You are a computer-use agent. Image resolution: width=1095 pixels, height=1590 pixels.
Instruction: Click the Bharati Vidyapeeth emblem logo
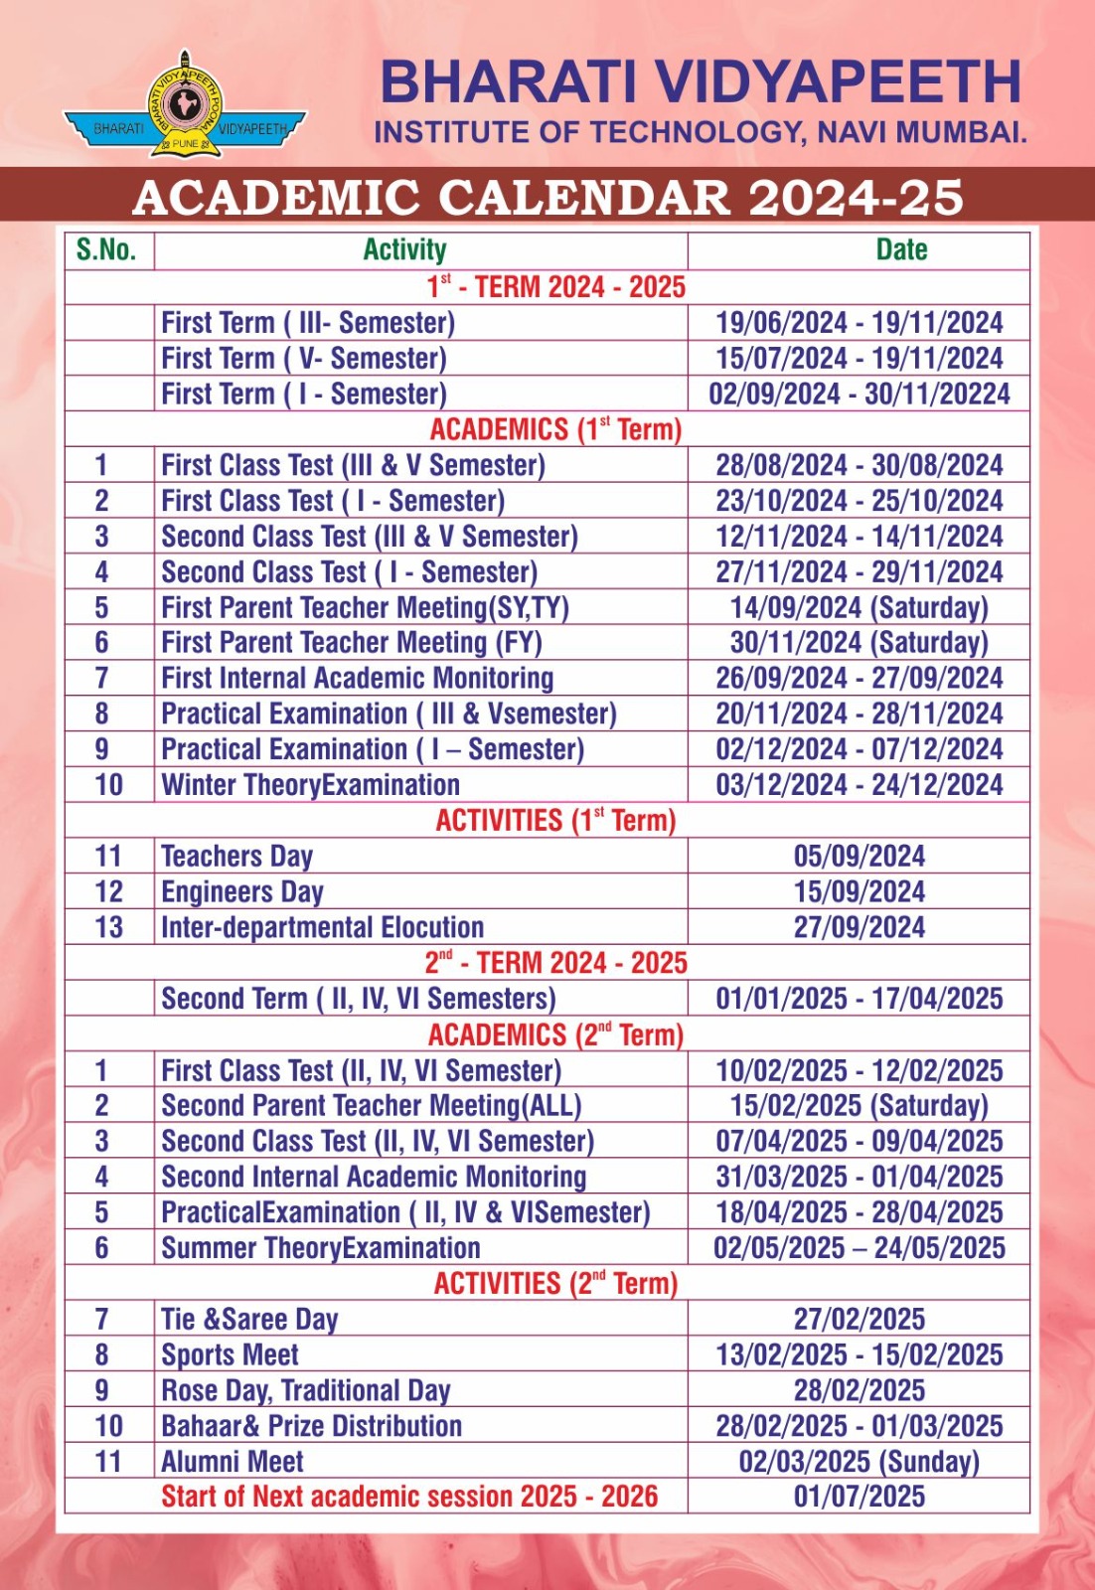tap(184, 105)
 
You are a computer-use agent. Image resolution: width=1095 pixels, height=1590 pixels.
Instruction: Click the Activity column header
tap(404, 249)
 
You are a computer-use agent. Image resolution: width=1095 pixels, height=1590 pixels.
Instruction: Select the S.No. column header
tap(106, 249)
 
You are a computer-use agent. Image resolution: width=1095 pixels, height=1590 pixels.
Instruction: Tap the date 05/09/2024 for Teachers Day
tap(859, 856)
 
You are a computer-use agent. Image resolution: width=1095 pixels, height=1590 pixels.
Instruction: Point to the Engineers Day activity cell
tap(242, 891)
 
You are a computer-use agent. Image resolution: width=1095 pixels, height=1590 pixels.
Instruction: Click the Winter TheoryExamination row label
tap(310, 785)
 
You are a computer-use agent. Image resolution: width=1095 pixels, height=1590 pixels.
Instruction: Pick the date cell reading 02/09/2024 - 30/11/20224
tap(859, 394)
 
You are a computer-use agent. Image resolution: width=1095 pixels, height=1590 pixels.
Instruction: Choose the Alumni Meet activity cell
tap(233, 1462)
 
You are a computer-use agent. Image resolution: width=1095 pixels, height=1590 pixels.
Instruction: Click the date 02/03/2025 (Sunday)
tap(859, 1462)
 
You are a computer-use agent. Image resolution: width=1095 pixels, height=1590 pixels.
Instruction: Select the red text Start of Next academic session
tap(409, 1497)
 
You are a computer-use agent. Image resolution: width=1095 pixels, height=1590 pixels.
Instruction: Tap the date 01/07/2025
tap(859, 1497)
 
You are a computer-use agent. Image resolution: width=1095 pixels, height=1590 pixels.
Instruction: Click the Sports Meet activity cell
tap(230, 1354)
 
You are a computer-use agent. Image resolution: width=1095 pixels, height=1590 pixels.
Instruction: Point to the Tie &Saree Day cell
tap(249, 1319)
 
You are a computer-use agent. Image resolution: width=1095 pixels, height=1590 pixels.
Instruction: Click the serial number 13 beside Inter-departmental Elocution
tap(108, 927)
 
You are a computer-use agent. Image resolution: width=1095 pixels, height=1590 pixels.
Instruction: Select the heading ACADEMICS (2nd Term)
tap(555, 1034)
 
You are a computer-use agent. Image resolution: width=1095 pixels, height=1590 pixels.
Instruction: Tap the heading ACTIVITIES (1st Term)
tap(555, 821)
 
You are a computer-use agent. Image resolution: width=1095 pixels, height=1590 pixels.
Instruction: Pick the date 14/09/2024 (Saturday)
tap(859, 607)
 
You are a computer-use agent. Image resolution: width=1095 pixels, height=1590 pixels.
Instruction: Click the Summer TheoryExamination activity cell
tap(320, 1248)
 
